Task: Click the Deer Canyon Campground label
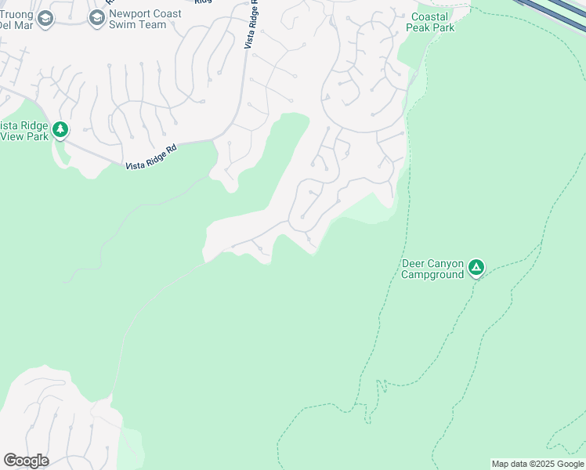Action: (432, 269)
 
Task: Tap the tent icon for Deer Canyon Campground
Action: (476, 269)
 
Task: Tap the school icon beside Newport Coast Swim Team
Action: (97, 18)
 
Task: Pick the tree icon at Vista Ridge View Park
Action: (60, 130)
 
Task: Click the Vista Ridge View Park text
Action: (25, 131)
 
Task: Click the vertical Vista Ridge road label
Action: (251, 27)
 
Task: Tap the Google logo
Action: (26, 461)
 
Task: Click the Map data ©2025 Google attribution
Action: (537, 464)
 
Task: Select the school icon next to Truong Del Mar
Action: (45, 18)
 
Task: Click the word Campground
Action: (432, 275)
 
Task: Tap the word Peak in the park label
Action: (420, 27)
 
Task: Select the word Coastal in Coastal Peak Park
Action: (430, 16)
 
